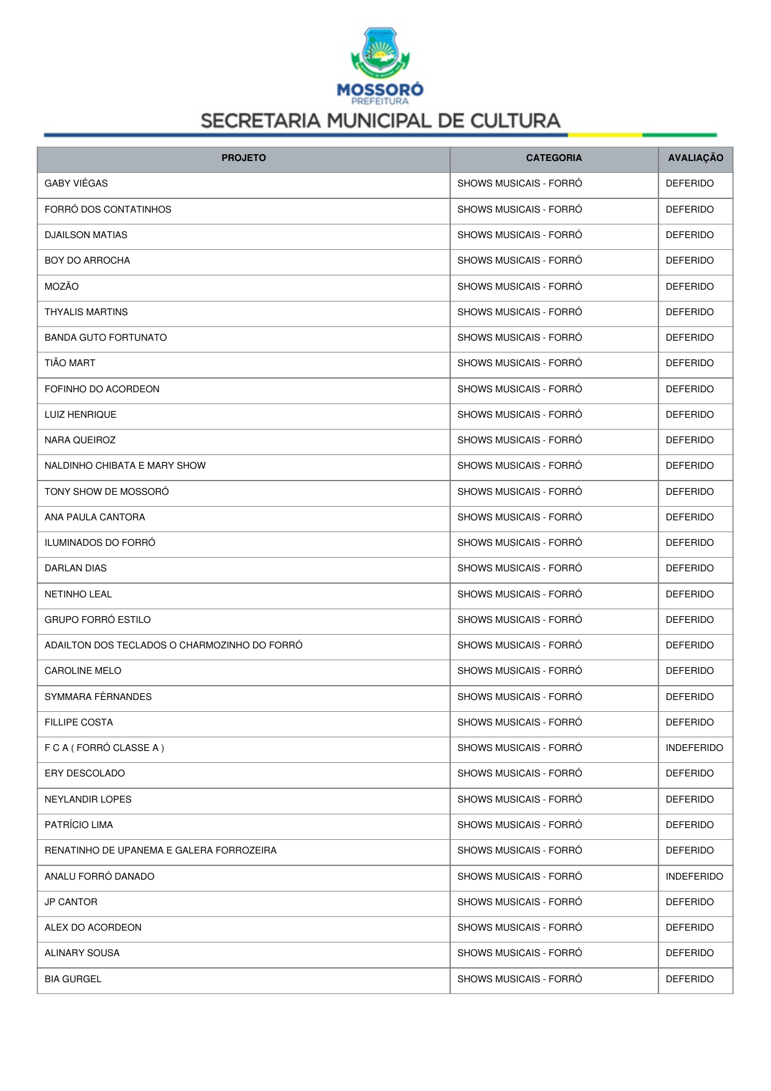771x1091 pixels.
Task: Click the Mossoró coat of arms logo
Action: coord(380,52)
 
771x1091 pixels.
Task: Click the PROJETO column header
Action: coord(243,158)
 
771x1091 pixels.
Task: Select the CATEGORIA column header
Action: coord(553,158)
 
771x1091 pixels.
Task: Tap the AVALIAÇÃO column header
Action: coord(695,158)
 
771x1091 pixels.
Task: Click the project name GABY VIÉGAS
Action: coord(76,183)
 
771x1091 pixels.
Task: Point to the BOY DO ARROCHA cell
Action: coord(87,260)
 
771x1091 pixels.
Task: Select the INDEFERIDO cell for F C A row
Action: coord(694,748)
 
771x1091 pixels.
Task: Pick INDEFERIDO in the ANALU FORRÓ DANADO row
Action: coord(694,877)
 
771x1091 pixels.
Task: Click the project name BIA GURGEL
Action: coord(73,979)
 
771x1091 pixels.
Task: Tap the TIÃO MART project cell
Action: coord(70,363)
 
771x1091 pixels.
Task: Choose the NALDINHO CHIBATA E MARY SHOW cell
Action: coord(125,466)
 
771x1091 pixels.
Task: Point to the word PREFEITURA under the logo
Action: coord(380,101)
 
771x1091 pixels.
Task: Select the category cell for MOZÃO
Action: coord(519,287)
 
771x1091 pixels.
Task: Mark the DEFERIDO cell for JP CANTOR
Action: coord(690,902)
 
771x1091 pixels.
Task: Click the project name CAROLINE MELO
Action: coord(83,671)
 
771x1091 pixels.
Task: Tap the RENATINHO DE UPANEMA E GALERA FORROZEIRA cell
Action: coord(160,850)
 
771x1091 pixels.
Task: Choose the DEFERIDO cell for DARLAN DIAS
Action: coord(690,568)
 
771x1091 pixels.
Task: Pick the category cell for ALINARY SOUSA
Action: coord(519,953)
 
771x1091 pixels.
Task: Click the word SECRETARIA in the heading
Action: coord(261,121)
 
